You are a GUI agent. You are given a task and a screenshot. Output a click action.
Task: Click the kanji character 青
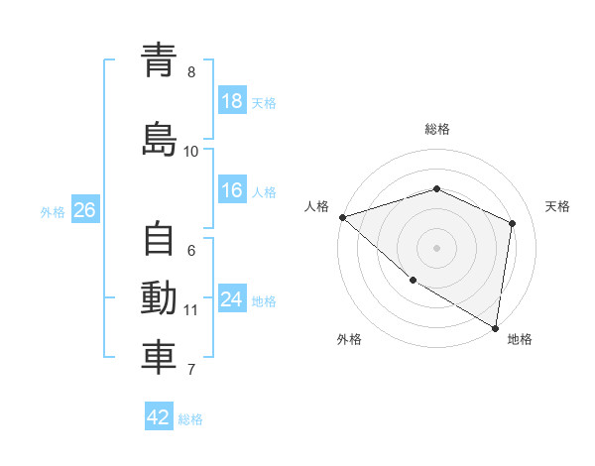pyautogui.click(x=159, y=60)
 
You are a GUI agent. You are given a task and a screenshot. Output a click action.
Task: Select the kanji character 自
pyautogui.click(x=159, y=240)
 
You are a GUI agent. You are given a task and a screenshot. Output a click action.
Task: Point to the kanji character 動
pyautogui.click(x=159, y=298)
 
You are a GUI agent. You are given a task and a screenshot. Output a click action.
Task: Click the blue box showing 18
pyautogui.click(x=232, y=102)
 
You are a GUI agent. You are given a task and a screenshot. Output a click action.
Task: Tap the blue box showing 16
pyautogui.click(x=232, y=191)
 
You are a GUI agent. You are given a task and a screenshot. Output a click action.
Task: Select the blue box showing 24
pyautogui.click(x=232, y=300)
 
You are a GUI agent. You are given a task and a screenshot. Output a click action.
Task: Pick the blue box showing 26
pyautogui.click(x=84, y=210)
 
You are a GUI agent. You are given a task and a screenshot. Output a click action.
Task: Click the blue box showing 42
pyautogui.click(x=159, y=417)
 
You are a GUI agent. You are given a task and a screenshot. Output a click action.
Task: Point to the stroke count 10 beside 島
pyautogui.click(x=191, y=151)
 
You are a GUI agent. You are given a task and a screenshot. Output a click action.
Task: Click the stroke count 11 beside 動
pyautogui.click(x=191, y=310)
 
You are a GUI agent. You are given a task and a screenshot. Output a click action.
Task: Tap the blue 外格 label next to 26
pyautogui.click(x=53, y=211)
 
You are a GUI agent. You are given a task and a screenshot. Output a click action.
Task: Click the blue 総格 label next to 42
pyautogui.click(x=190, y=418)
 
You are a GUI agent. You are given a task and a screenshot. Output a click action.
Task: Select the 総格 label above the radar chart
pyautogui.click(x=436, y=129)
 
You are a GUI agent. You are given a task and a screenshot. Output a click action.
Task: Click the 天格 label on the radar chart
pyautogui.click(x=557, y=206)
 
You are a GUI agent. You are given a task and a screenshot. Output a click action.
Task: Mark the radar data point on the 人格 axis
pyautogui.click(x=342, y=216)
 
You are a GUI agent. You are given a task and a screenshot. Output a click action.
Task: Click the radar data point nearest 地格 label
pyautogui.click(x=495, y=326)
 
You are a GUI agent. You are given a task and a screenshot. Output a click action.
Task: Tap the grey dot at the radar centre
pyautogui.click(x=436, y=247)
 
